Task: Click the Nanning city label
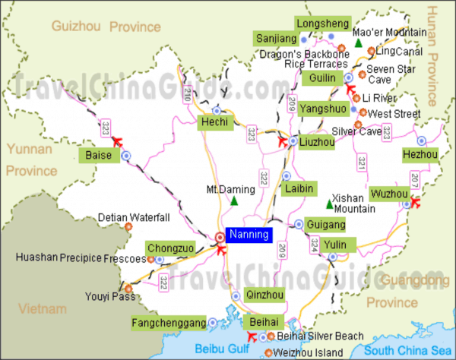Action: pyautogui.click(x=248, y=235)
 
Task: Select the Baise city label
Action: pyautogui.click(x=99, y=156)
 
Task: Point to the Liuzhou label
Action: pyautogui.click(x=317, y=141)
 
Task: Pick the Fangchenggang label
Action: pyautogui.click(x=168, y=324)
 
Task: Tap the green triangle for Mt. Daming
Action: pyautogui.click(x=234, y=201)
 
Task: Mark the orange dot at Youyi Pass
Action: pyautogui.click(x=128, y=289)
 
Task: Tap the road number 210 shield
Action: pyautogui.click(x=188, y=94)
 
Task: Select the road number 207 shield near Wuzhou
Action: pyautogui.click(x=414, y=178)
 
